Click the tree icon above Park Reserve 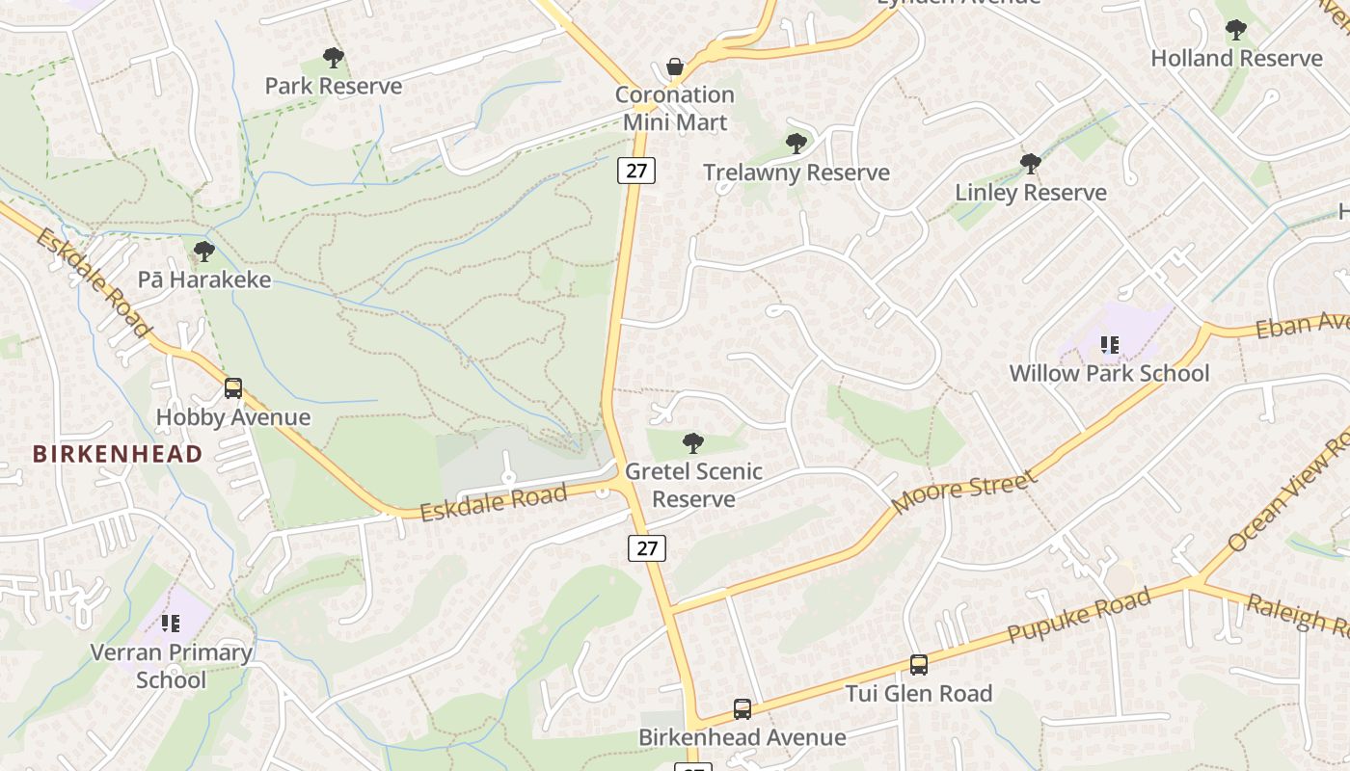(334, 58)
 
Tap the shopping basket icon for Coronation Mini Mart (675, 66)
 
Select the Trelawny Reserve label (796, 173)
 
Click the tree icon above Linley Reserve (1030, 164)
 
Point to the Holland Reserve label (1236, 58)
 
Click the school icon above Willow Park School (1109, 345)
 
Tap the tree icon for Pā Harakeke (203, 253)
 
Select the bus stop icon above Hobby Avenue (233, 388)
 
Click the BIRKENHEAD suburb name (118, 453)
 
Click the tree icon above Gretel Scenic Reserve (692, 443)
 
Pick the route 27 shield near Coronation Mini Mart (636, 171)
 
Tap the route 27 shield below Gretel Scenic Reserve (647, 548)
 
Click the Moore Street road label (964, 492)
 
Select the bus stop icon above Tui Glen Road (919, 665)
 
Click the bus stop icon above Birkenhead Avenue (742, 709)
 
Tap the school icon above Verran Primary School (171, 624)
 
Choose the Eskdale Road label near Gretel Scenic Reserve (494, 501)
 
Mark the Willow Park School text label (1109, 373)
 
